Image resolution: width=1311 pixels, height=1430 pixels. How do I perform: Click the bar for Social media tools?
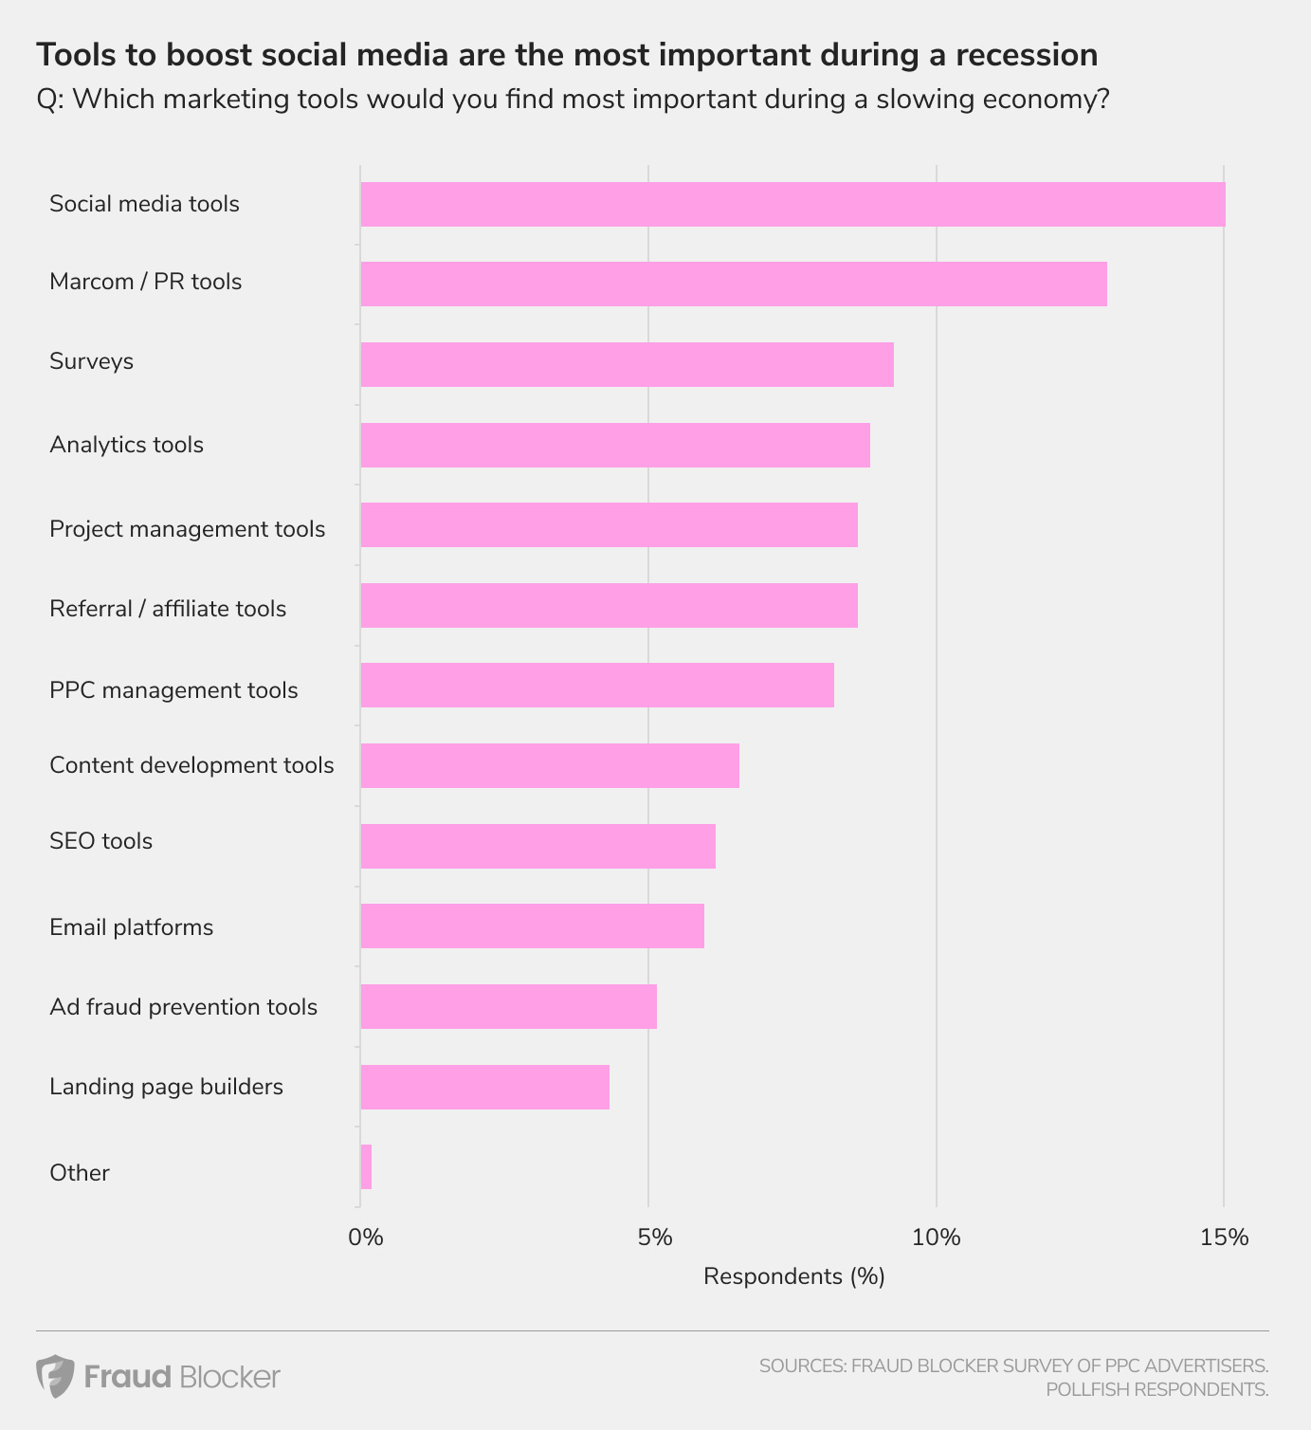(792, 204)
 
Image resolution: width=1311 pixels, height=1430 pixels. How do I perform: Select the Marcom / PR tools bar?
(733, 284)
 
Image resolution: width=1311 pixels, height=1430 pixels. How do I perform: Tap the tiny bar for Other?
(366, 1166)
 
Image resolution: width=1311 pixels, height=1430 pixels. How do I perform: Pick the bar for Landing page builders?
(484, 1087)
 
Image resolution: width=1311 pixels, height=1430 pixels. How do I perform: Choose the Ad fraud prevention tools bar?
(508, 1006)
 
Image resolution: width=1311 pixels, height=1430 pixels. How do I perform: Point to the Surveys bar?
(627, 364)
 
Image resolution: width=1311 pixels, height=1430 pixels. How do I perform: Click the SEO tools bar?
(537, 846)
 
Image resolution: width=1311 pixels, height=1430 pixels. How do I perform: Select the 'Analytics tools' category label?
(126, 445)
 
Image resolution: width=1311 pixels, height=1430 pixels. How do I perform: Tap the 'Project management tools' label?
(187, 529)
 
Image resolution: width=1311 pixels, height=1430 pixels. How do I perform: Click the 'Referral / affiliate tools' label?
(168, 609)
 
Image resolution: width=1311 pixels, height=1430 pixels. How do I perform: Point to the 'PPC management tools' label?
(173, 690)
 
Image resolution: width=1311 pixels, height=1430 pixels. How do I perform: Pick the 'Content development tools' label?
(191, 765)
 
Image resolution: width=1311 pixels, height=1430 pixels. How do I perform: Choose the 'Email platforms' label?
(131, 927)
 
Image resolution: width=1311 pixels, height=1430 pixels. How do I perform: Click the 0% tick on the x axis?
(365, 1237)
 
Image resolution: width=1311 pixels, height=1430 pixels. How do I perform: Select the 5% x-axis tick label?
(654, 1237)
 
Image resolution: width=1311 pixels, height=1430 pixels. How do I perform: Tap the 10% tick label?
(937, 1237)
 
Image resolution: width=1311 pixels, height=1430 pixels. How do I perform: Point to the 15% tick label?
(1225, 1237)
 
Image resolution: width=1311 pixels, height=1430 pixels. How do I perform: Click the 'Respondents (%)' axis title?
(793, 1276)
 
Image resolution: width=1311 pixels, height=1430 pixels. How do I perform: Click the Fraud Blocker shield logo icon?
(55, 1376)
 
